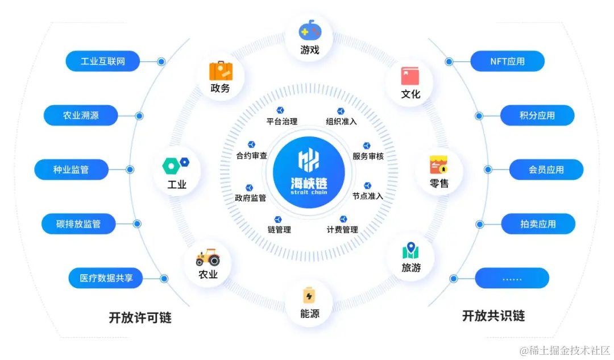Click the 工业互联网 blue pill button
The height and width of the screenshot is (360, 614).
(x=102, y=61)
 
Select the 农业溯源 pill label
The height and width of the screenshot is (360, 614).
(x=81, y=115)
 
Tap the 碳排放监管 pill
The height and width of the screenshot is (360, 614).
(x=78, y=224)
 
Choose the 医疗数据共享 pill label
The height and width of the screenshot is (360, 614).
(x=105, y=279)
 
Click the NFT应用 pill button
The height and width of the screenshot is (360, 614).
(x=507, y=61)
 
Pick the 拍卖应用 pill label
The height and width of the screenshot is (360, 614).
(x=538, y=224)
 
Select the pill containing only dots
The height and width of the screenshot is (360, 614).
(x=512, y=279)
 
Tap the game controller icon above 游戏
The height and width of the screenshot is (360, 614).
(x=310, y=30)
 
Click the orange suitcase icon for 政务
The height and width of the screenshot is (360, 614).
(x=221, y=71)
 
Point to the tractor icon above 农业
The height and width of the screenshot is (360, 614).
(x=208, y=257)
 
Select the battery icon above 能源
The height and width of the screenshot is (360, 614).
(x=309, y=295)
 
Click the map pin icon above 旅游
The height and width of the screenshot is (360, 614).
(x=410, y=250)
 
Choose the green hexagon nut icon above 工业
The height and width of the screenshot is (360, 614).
(x=171, y=166)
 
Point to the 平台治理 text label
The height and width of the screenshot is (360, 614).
(x=282, y=121)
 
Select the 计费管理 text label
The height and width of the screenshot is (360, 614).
(x=342, y=230)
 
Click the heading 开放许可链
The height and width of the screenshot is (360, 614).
(x=140, y=317)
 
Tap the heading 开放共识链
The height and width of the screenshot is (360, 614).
(x=493, y=316)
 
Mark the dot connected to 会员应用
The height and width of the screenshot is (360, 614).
(x=488, y=169)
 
